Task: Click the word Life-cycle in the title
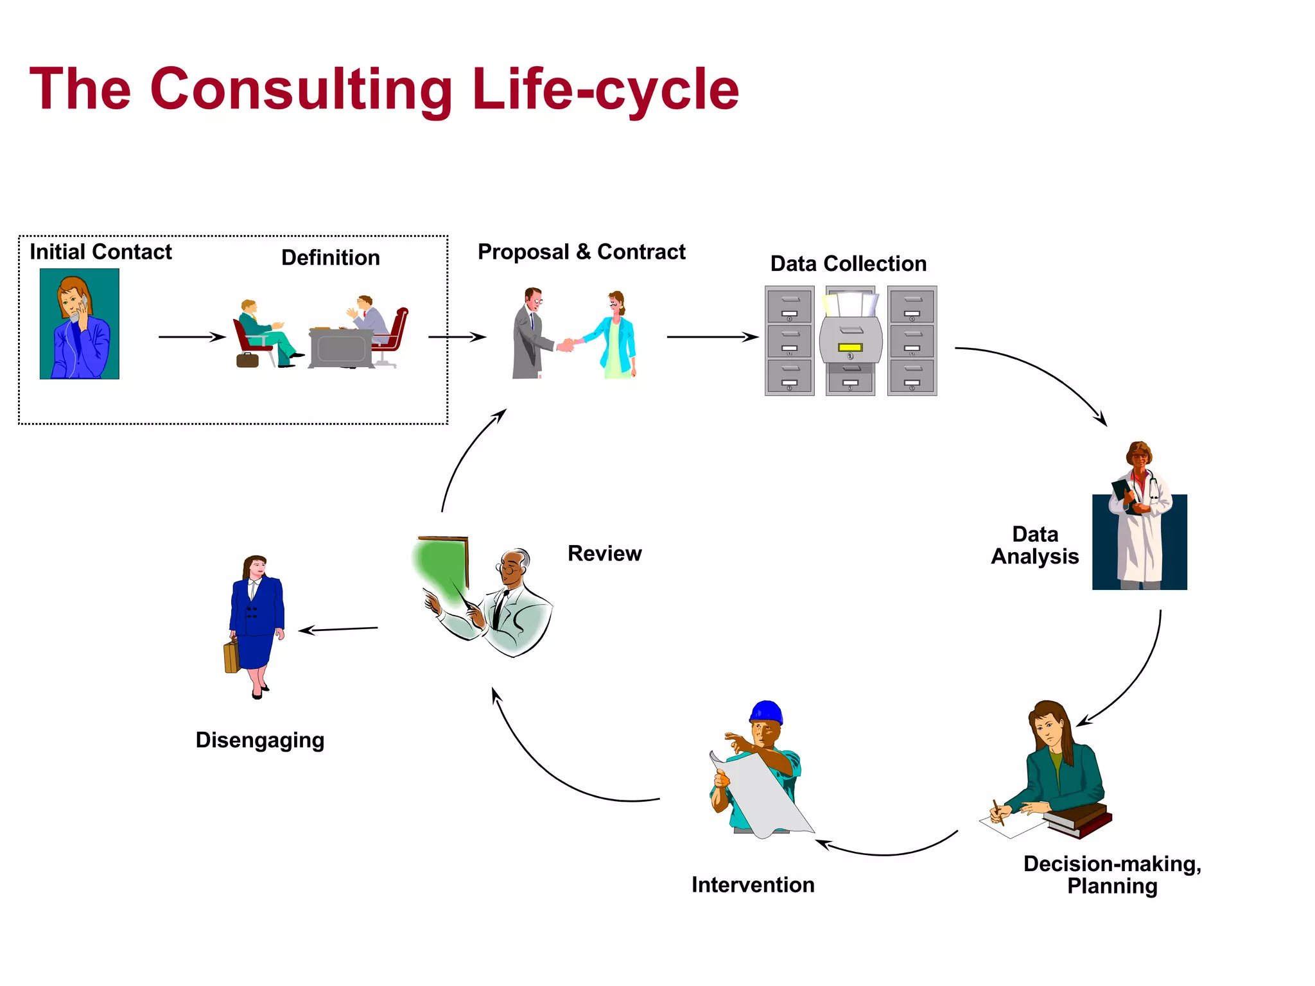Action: (605, 90)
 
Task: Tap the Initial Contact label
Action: (101, 252)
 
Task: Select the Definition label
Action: (331, 257)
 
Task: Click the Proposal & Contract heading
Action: (581, 252)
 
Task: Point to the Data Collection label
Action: (848, 263)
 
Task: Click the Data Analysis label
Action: (1034, 545)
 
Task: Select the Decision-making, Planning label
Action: (1112, 874)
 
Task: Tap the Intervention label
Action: (753, 885)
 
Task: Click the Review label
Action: (604, 553)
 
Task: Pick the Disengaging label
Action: (260, 740)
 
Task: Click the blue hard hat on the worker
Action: (767, 712)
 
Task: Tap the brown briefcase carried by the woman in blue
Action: (231, 656)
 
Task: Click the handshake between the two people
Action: (566, 345)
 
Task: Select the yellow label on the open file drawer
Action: (849, 347)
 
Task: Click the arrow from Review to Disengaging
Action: (338, 630)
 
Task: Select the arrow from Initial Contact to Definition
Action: (192, 337)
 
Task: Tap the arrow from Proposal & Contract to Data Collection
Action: (713, 337)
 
